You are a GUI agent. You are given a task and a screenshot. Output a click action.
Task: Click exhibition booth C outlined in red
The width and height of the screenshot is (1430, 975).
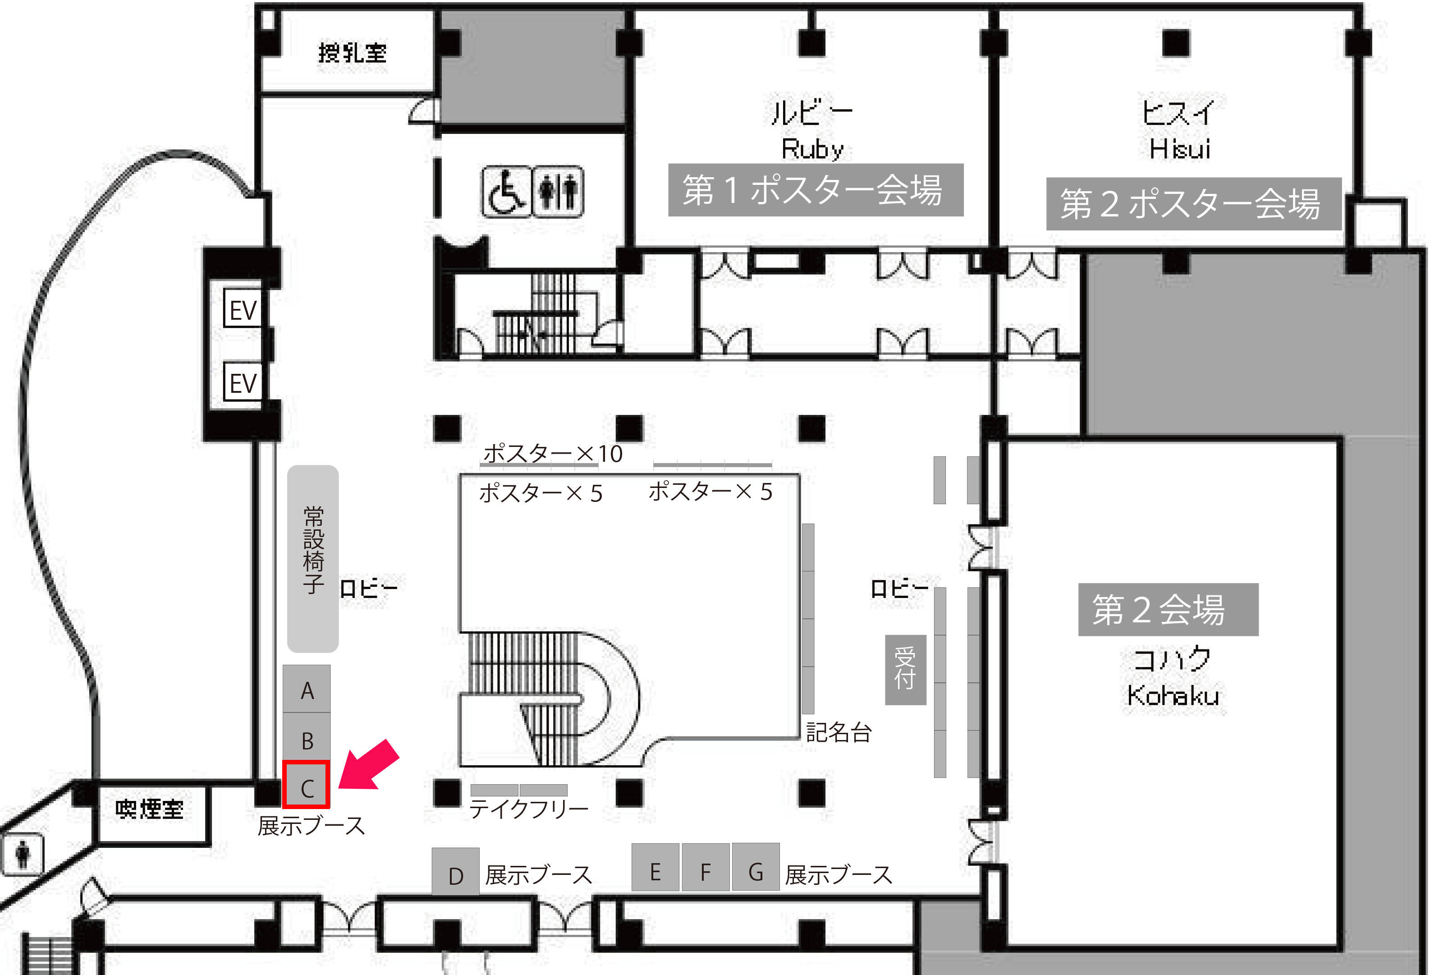click(307, 784)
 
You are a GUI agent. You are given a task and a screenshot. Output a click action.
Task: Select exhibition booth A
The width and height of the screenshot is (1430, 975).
click(307, 689)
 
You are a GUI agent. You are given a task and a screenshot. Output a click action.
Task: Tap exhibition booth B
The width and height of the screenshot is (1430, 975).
click(307, 737)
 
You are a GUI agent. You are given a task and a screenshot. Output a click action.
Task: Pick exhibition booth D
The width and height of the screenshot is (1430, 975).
click(455, 871)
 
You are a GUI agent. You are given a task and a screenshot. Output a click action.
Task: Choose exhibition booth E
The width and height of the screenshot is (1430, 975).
click(655, 867)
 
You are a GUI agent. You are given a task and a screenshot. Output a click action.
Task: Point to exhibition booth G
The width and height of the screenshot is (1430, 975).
click(756, 867)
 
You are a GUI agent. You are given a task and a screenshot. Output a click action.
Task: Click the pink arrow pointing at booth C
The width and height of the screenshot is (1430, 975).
click(368, 765)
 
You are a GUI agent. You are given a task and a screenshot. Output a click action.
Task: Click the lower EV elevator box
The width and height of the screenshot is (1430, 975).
click(243, 382)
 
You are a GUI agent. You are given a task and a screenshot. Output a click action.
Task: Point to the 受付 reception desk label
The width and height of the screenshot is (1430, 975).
click(906, 670)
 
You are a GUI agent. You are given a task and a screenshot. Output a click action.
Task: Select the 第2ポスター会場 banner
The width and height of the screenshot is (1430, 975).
click(1194, 204)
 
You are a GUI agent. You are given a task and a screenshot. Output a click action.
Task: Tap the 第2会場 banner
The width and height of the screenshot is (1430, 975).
click(1169, 609)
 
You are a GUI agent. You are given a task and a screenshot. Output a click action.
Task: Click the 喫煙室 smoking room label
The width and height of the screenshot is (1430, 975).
click(150, 809)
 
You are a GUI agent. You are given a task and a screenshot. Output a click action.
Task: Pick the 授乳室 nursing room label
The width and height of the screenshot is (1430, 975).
click(353, 53)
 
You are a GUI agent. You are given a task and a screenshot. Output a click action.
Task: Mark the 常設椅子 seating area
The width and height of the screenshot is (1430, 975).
click(312, 558)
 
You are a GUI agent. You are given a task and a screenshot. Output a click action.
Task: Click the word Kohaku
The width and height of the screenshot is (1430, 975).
click(1173, 695)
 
